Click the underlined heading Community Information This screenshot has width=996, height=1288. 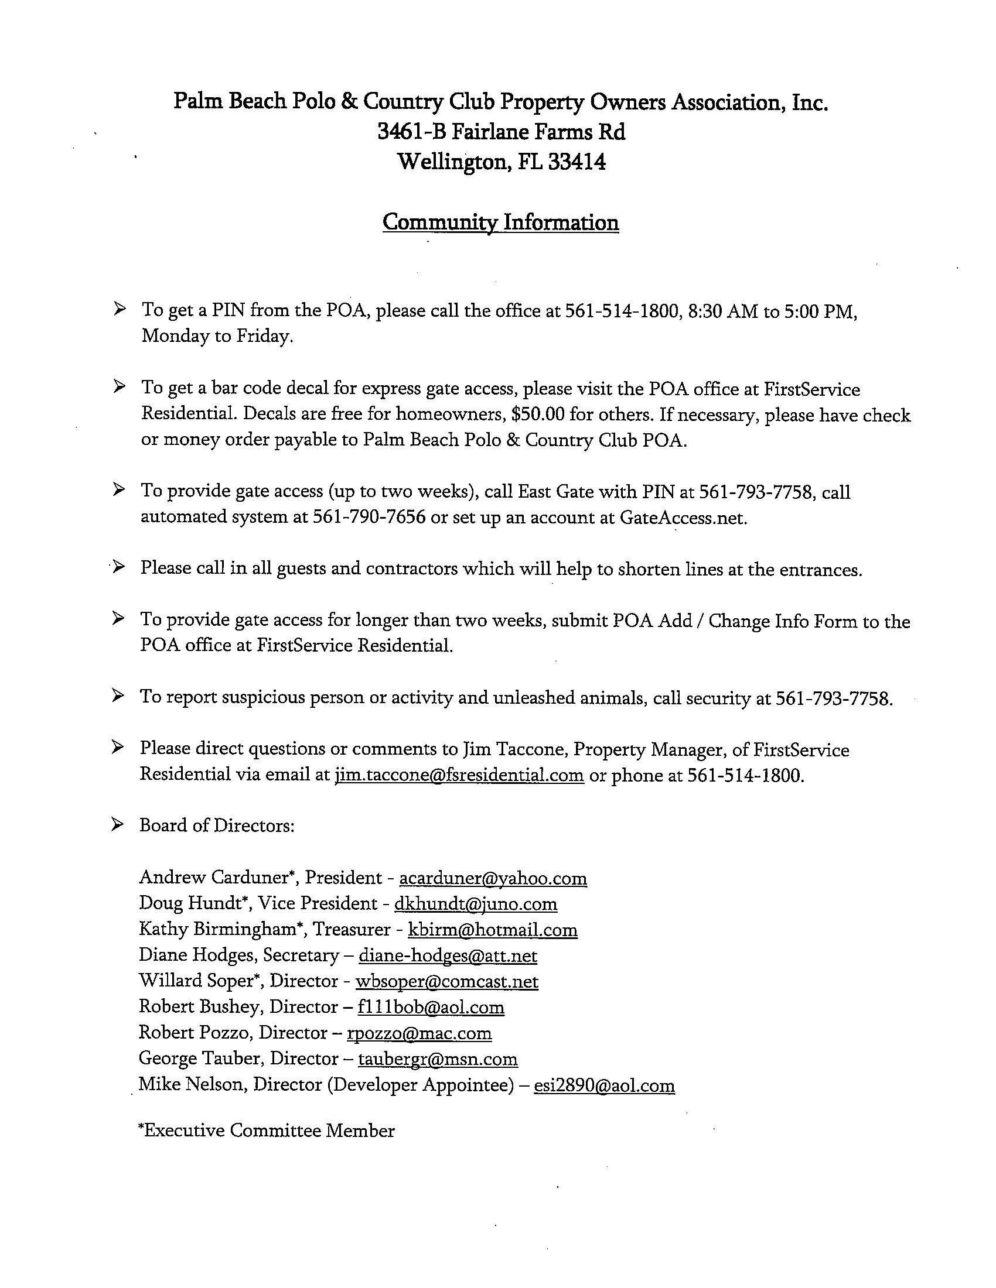click(500, 222)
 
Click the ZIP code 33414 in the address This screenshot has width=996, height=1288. click(577, 161)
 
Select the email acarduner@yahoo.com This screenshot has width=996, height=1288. click(493, 878)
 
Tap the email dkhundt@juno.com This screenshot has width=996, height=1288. click(476, 904)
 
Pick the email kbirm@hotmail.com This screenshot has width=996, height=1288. click(493, 930)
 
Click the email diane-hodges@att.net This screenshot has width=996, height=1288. click(448, 955)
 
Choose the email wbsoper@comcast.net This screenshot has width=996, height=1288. click(446, 981)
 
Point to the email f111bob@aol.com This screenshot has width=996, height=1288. click(431, 1008)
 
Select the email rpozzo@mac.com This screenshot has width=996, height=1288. click(419, 1033)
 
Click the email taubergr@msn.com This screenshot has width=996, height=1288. click(438, 1059)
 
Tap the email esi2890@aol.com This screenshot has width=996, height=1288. click(603, 1085)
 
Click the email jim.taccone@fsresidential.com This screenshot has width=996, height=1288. click(459, 775)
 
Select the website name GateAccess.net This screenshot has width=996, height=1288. click(683, 517)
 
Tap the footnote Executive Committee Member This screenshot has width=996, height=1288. click(267, 1131)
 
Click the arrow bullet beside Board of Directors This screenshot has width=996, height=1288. click(118, 824)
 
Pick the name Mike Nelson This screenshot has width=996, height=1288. click(189, 1084)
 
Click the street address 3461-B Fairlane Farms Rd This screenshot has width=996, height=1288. click(501, 132)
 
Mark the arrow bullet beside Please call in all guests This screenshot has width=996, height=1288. click(118, 567)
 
